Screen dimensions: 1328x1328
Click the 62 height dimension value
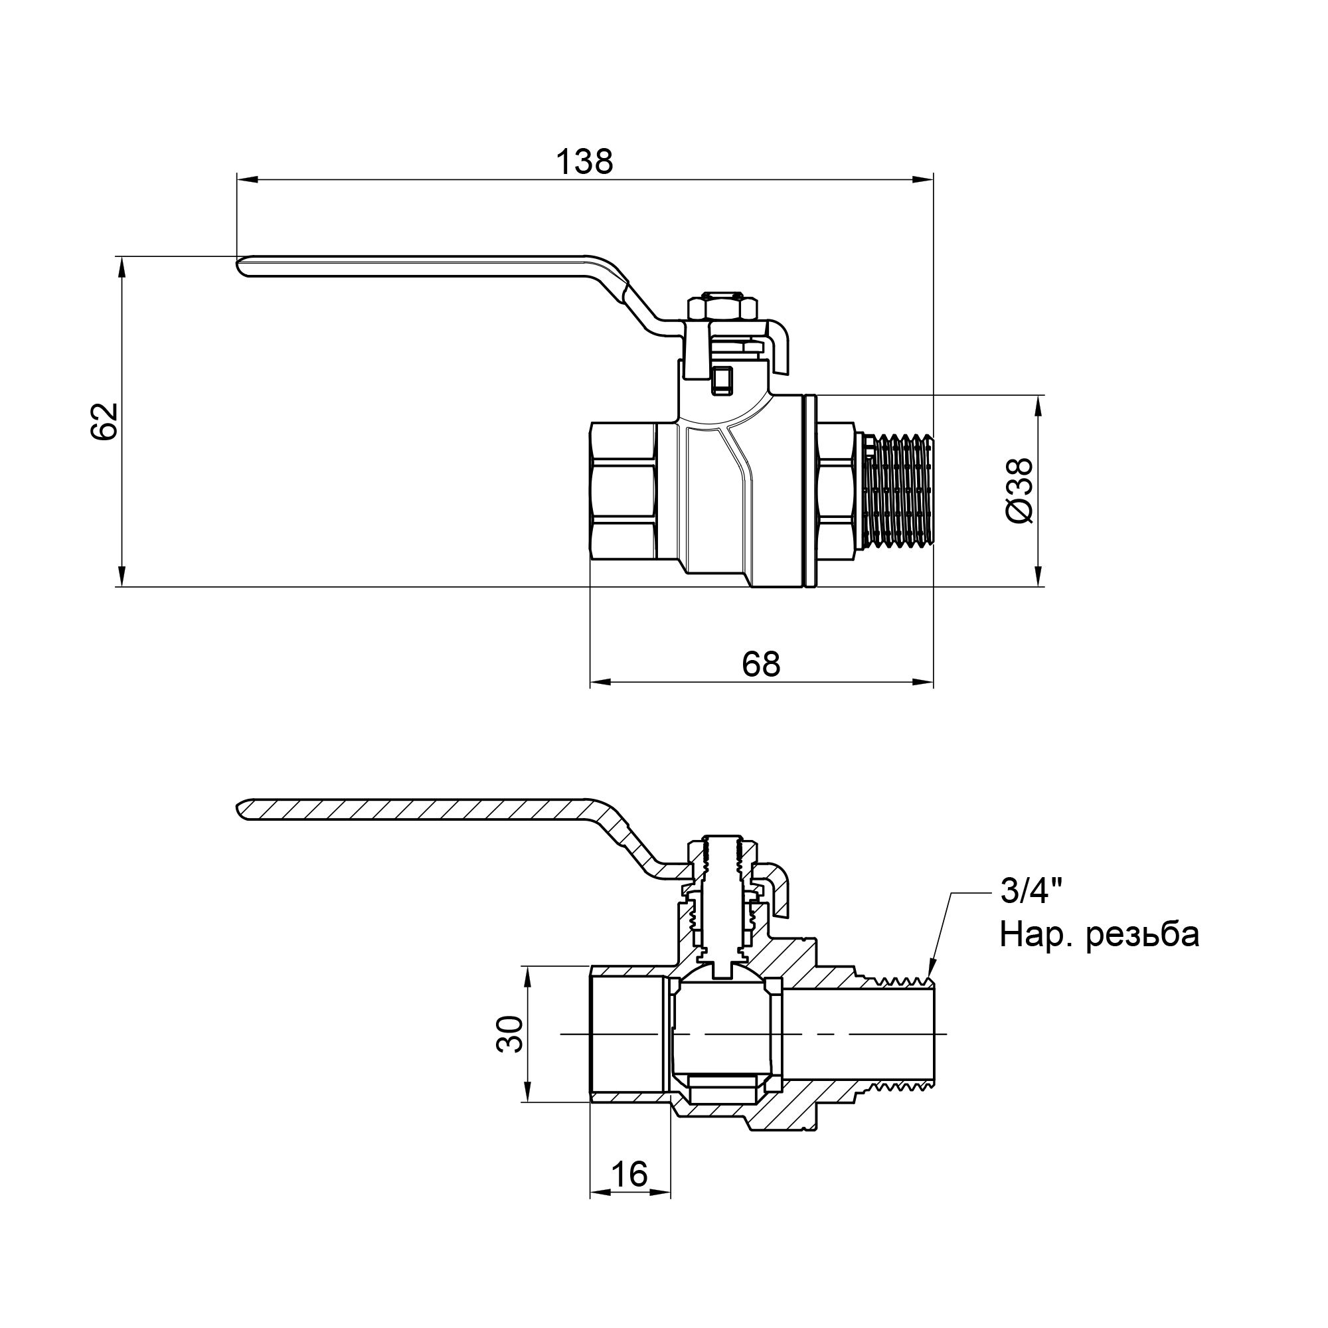[104, 422]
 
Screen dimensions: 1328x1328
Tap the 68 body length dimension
[762, 664]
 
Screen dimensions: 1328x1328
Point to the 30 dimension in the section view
[510, 1034]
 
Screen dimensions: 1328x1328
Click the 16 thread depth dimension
[629, 1174]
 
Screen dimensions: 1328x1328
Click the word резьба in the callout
[1142, 935]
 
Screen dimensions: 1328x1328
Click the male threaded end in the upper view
[898, 491]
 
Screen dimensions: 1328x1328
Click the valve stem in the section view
[722, 894]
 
